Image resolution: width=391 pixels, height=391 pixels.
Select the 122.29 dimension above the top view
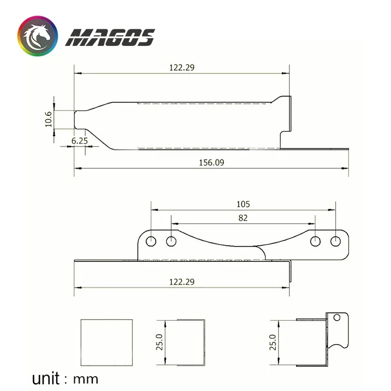click(x=182, y=68)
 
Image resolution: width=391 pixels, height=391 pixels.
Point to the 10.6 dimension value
click(x=48, y=119)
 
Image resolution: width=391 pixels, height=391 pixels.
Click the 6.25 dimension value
click(x=80, y=141)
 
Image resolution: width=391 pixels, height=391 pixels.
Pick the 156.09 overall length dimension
click(x=212, y=163)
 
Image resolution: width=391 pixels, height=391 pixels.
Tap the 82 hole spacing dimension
click(x=243, y=218)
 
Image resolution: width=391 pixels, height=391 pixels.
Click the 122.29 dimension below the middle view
click(x=182, y=282)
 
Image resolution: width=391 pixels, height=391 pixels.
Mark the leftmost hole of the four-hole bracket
click(x=151, y=241)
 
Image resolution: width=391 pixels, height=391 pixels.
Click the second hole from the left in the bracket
click(x=171, y=241)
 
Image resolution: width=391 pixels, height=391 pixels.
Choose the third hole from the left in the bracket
click(x=315, y=241)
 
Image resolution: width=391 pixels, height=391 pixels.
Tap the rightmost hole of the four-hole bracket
click(x=335, y=241)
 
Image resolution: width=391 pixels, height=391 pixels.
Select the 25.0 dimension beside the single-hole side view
click(x=273, y=342)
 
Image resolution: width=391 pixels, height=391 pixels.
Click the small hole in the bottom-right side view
click(x=337, y=318)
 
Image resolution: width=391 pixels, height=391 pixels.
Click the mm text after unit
click(x=86, y=379)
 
